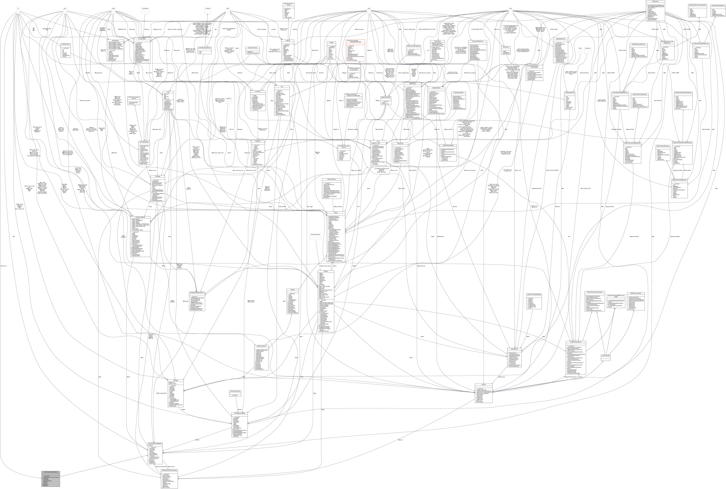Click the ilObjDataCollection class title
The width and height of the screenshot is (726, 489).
coord(261,346)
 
